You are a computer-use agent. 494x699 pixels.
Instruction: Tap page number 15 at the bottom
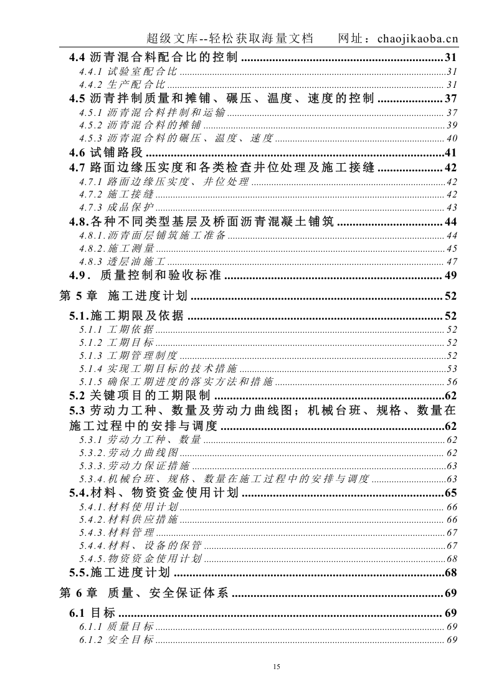[277, 667]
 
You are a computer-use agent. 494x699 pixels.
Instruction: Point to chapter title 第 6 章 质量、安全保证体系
[145, 593]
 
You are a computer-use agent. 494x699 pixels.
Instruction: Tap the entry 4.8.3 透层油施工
[123, 262]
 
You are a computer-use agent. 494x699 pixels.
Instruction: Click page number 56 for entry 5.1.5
[452, 382]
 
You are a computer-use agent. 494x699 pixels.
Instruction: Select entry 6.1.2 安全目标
[116, 640]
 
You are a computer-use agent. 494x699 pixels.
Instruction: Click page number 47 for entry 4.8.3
[452, 262]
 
